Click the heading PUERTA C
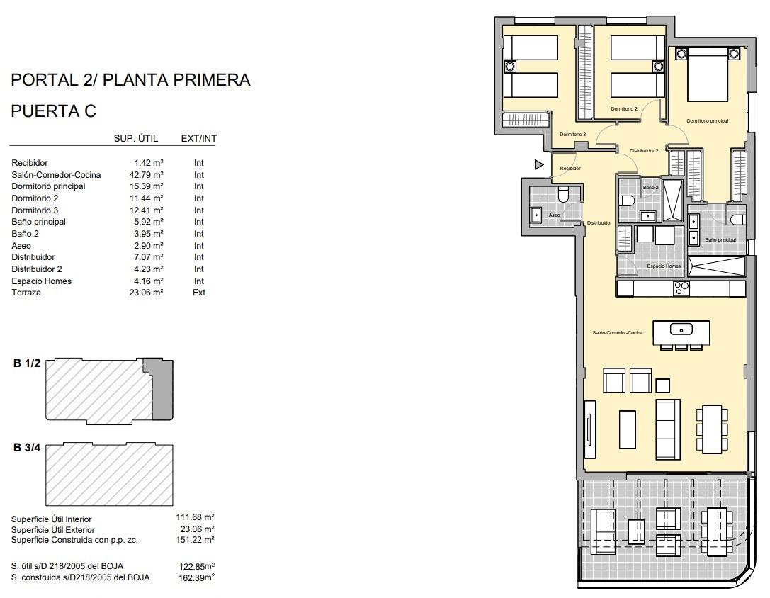pos(54,111)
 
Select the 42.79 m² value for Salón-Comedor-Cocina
pos(149,174)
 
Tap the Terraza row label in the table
pos(26,293)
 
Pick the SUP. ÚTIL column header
pos(136,138)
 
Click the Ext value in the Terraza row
pos(199,293)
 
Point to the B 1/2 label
pos(27,363)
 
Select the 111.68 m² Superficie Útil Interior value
pos(195,518)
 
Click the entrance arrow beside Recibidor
pos(539,165)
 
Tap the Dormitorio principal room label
pos(707,121)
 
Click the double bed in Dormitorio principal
pos(707,75)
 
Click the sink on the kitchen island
pos(681,329)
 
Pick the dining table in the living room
pos(710,428)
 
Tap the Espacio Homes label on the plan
pos(664,266)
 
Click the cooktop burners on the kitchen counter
pos(681,288)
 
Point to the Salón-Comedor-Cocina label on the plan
pos(618,332)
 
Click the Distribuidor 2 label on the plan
pos(644,150)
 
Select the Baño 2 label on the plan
pos(650,188)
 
